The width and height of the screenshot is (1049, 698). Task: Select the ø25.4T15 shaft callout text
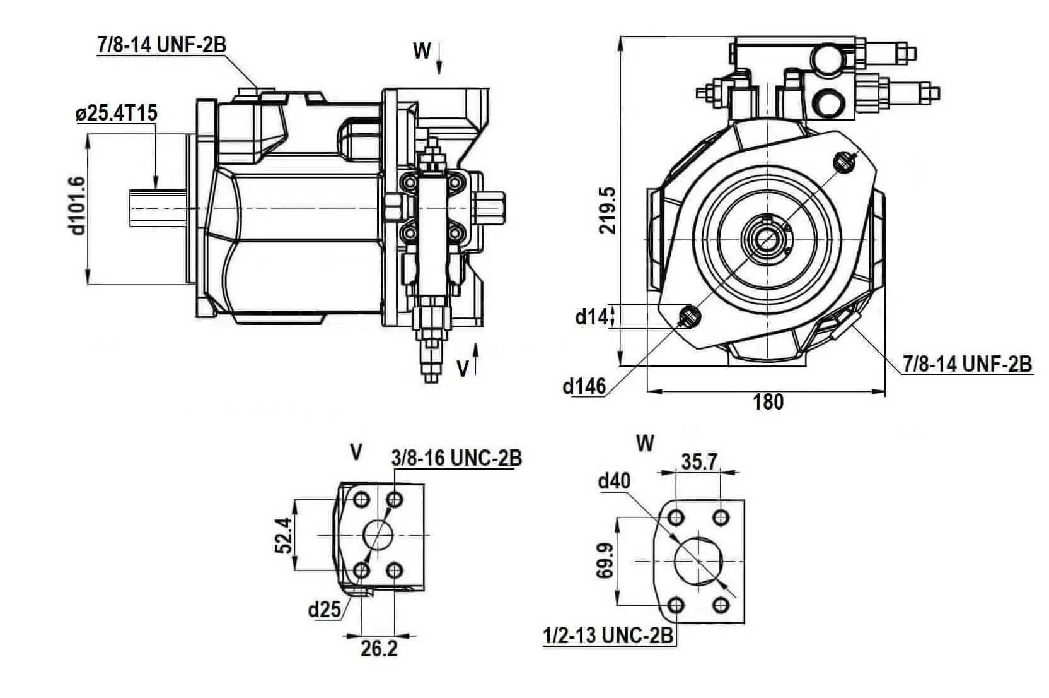(x=117, y=114)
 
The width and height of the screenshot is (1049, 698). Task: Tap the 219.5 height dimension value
(x=608, y=211)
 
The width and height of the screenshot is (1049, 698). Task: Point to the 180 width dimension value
(x=768, y=402)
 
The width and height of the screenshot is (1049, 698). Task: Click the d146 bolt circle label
(x=584, y=387)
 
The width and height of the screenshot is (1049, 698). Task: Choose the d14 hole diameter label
(x=591, y=317)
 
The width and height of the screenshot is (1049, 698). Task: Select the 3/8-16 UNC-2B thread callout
(x=456, y=458)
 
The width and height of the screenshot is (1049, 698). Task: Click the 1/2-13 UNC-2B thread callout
(x=608, y=636)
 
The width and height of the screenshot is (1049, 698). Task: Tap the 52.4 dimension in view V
(x=283, y=535)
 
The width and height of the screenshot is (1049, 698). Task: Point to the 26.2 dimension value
(x=379, y=649)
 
